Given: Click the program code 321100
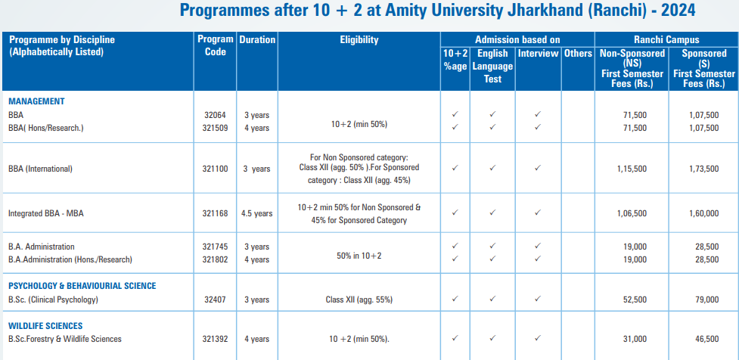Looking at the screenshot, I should [215, 169].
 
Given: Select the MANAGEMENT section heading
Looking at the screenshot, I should [36, 101].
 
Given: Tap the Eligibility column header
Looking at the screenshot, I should [359, 40].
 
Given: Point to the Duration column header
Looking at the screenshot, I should [257, 40].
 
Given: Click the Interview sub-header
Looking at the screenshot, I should [538, 54].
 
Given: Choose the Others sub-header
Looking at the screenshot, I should [578, 54].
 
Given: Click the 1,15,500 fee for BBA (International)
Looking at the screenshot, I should [631, 169].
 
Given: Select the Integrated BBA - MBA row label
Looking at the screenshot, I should [48, 213].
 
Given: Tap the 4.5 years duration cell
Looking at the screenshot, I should [257, 213].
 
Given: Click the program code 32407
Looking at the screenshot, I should [215, 299].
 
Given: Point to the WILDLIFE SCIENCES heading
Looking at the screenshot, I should [45, 326].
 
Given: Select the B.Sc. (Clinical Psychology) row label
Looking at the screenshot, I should [54, 299].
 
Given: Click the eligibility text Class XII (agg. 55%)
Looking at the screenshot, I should [359, 299].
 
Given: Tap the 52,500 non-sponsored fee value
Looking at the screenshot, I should [634, 299].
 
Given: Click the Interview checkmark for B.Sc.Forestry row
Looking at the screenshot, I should [537, 338].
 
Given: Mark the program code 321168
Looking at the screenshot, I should [215, 213].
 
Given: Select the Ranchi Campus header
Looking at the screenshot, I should [666, 40].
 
